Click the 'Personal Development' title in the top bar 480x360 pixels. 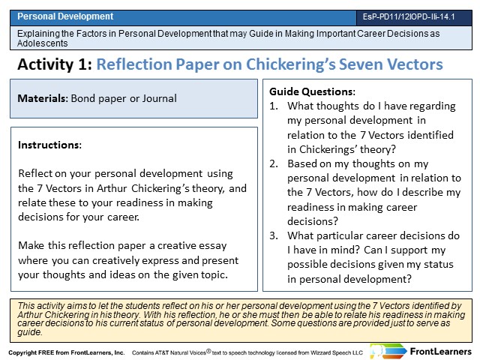[x=65, y=16]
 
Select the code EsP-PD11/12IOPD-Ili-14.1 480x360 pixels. [x=409, y=16]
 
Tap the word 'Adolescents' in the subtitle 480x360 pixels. [x=43, y=43]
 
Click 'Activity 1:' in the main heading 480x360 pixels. [x=55, y=64]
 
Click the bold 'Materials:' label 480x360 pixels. [x=43, y=98]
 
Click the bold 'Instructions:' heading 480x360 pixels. [x=50, y=145]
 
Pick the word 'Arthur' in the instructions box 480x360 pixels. [x=112, y=188]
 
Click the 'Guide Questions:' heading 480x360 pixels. [x=312, y=91]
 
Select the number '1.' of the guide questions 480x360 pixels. [x=274, y=106]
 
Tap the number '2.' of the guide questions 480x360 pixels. [x=274, y=163]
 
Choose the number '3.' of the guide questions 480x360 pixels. [x=274, y=235]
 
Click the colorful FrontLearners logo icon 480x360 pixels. [x=388, y=351]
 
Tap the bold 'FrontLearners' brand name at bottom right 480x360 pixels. [x=441, y=352]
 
